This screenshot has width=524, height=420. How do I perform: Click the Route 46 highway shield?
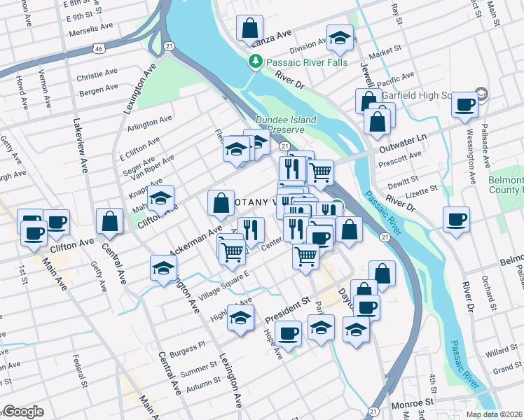tap(99, 48)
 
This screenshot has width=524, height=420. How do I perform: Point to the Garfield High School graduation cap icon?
tap(481, 94)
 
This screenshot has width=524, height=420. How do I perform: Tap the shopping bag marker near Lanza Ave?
tap(249, 30)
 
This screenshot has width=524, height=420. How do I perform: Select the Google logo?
tap(22, 412)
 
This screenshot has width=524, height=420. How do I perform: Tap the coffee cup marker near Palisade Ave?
tap(464, 106)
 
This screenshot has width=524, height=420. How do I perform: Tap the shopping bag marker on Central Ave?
tap(110, 222)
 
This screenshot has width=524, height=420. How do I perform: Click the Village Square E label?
tap(222, 286)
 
